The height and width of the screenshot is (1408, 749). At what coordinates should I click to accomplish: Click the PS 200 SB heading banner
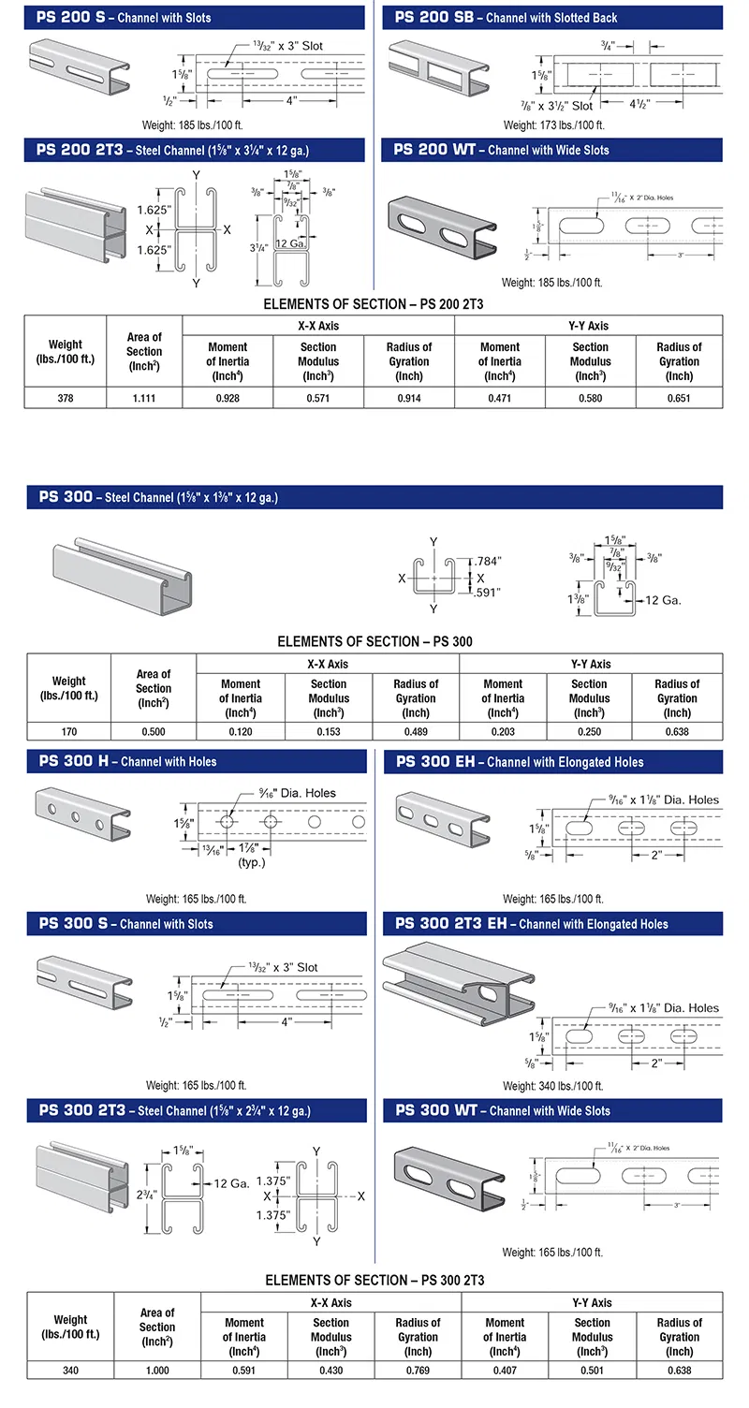click(552, 17)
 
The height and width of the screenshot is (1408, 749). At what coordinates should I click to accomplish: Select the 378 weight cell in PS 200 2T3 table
click(65, 398)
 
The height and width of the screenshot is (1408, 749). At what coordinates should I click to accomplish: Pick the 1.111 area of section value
click(144, 398)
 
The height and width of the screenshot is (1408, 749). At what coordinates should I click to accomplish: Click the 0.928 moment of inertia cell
click(228, 398)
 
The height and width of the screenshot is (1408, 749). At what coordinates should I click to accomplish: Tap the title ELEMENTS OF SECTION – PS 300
click(374, 641)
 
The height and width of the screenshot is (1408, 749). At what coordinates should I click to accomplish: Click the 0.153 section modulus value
click(329, 732)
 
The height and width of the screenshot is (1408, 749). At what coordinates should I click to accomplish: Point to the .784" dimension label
click(489, 561)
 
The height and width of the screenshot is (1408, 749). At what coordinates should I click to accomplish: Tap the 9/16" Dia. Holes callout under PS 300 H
click(294, 793)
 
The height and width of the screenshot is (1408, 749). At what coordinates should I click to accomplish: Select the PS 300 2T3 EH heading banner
click(552, 924)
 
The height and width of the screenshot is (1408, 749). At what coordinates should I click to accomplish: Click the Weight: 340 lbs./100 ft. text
click(552, 1086)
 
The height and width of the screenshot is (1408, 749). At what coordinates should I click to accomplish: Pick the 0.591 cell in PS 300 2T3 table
click(244, 1371)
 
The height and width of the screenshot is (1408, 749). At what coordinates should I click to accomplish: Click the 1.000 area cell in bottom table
click(157, 1371)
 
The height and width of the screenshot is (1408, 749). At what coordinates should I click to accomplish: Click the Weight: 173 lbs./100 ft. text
click(553, 125)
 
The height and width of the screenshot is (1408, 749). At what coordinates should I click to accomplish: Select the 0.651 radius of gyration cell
click(679, 398)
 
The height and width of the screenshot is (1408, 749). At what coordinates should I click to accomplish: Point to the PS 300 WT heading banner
click(552, 1111)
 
